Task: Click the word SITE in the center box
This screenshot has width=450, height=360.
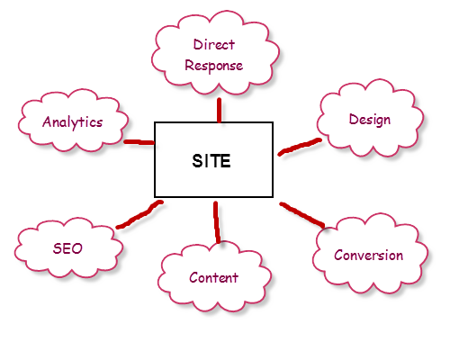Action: click(211, 161)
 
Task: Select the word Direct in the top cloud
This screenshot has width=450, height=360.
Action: click(214, 45)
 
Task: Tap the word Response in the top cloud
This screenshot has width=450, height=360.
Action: click(214, 66)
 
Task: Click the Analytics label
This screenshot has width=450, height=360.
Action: click(73, 122)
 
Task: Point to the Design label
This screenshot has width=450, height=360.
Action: click(370, 120)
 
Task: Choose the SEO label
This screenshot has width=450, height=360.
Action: click(67, 248)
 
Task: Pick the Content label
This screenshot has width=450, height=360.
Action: click(213, 277)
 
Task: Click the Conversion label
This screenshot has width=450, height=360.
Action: click(369, 256)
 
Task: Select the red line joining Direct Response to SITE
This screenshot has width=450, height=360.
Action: click(220, 111)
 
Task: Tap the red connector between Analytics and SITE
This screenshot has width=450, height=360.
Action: click(139, 142)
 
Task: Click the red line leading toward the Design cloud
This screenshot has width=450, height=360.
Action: click(300, 147)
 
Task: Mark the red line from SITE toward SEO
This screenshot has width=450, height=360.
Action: click(139, 214)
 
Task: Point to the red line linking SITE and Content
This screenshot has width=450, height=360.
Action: click(217, 222)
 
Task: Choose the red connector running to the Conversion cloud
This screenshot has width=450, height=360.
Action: click(302, 215)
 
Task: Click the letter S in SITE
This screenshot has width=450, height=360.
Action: click(198, 161)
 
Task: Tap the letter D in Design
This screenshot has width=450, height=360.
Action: click(354, 119)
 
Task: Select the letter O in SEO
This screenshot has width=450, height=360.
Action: click(76, 248)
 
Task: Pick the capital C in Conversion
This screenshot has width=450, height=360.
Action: click(339, 256)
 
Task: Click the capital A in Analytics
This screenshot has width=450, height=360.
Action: click(48, 121)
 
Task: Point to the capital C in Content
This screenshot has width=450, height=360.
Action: click(193, 277)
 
